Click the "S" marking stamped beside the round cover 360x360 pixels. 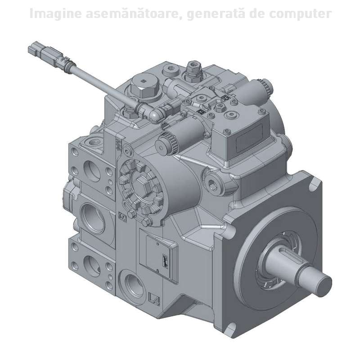click(x=121, y=217)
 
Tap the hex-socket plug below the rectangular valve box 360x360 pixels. click(x=213, y=180)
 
